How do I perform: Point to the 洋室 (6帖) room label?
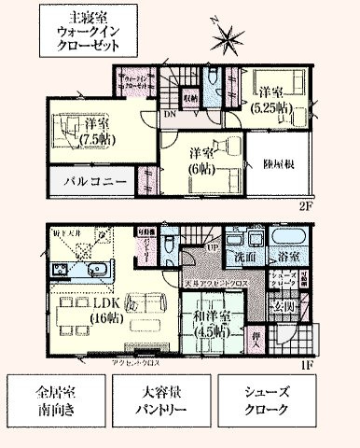pyautogui.click(x=198, y=160)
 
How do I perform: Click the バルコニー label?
pyautogui.click(x=93, y=180)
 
